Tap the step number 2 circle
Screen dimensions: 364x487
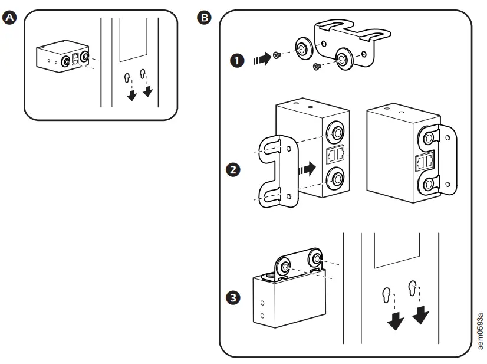pyautogui.click(x=234, y=169)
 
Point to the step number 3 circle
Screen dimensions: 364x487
pyautogui.click(x=234, y=299)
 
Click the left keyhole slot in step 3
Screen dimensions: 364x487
pyautogui.click(x=387, y=293)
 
